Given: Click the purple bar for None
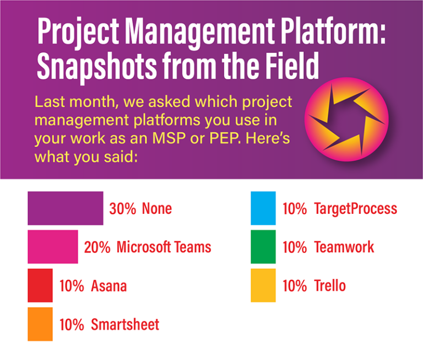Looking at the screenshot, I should (x=65, y=208).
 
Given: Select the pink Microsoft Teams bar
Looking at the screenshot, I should (x=53, y=247).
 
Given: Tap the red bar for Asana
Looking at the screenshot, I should (x=40, y=286).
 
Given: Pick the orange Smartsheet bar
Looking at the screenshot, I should (x=40, y=324).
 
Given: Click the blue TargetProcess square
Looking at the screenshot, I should (x=263, y=208).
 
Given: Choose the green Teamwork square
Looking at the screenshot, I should (x=263, y=247).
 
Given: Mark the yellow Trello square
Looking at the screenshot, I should (x=263, y=286).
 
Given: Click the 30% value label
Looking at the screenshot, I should (x=122, y=209).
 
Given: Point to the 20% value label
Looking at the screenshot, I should (x=97, y=247).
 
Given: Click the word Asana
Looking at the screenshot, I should (x=109, y=286).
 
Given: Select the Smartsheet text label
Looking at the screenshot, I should (x=125, y=324).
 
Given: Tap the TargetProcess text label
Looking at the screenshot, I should (x=355, y=209).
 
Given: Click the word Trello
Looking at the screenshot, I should (x=330, y=286).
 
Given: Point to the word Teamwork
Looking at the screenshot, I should (x=344, y=247).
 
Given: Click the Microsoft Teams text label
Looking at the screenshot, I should (x=164, y=247).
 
